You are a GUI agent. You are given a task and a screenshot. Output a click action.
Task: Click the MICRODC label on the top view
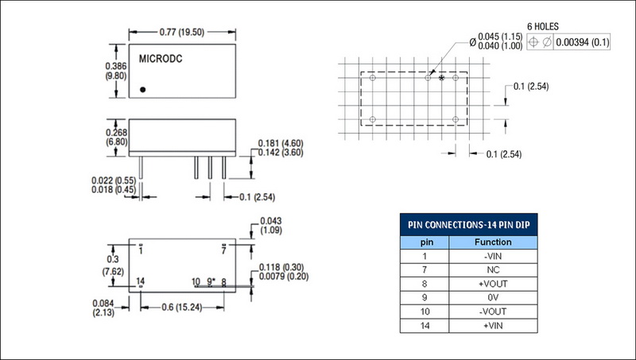[x=161, y=59]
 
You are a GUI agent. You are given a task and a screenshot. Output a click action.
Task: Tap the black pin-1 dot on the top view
[x=143, y=90]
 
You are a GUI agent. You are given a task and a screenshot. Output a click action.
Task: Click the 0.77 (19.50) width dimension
[x=182, y=32]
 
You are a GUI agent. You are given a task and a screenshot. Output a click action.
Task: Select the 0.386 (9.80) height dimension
[x=116, y=71]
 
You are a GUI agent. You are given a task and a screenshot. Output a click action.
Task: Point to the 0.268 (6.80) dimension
[x=116, y=137]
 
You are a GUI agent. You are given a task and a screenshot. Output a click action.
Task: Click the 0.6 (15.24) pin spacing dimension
[x=182, y=308]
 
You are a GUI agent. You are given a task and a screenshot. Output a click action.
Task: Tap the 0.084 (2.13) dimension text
[x=103, y=308]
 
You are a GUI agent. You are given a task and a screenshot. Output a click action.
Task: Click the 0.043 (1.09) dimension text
[x=271, y=226]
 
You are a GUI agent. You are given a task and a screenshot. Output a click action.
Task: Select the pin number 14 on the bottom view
[x=141, y=281]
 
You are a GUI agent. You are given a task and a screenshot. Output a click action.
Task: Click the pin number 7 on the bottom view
[x=223, y=251]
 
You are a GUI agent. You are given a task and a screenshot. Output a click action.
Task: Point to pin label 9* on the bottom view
[x=211, y=281]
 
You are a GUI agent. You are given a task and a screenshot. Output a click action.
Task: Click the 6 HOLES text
[x=543, y=27]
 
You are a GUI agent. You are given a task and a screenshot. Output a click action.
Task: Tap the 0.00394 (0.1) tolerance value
[x=583, y=42]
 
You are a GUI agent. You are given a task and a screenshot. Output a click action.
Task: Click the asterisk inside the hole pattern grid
[x=442, y=78]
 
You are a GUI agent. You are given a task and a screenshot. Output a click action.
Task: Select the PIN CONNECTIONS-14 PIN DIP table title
[x=469, y=225]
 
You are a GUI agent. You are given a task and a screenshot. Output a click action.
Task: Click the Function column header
[x=493, y=242]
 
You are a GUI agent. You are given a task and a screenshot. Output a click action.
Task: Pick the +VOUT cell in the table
[x=493, y=284]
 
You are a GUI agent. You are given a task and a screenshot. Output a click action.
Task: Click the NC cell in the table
[x=493, y=270]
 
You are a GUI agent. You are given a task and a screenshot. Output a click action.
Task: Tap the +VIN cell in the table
[x=493, y=326]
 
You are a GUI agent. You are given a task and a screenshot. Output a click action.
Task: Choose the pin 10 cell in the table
[x=425, y=312]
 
